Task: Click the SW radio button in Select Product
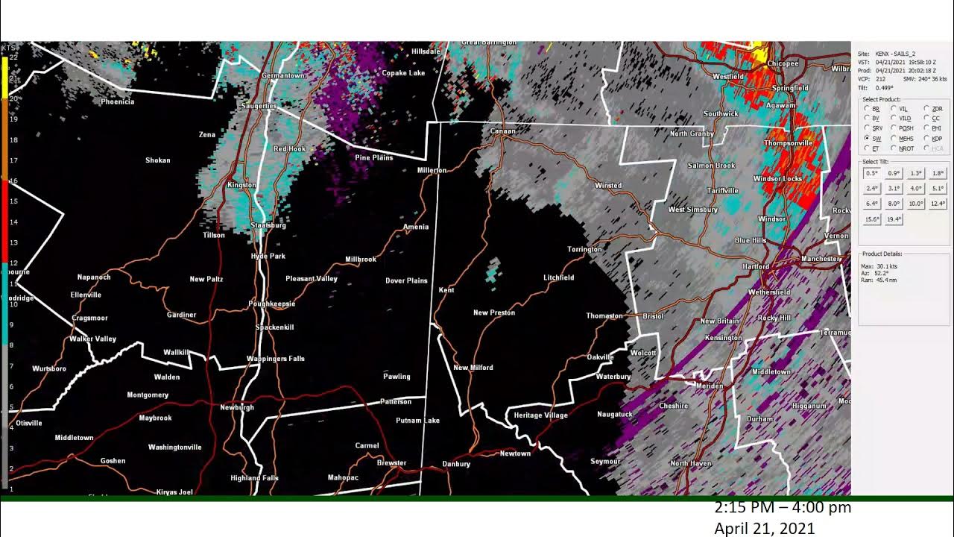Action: (x=867, y=139)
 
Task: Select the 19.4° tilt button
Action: (x=894, y=219)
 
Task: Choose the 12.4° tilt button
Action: (x=938, y=204)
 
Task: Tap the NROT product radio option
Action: (x=894, y=148)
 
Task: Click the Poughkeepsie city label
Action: (x=272, y=304)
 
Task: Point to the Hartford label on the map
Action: (x=756, y=267)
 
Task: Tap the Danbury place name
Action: (x=456, y=464)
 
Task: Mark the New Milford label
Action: (x=473, y=368)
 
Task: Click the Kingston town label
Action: (x=241, y=185)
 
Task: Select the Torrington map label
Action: (x=584, y=249)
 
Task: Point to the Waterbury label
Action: (x=613, y=377)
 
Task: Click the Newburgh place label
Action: (x=237, y=407)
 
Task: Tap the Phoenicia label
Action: (x=118, y=101)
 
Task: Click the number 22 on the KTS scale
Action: (x=13, y=57)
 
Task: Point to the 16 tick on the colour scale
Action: (x=13, y=181)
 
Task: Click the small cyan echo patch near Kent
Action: (x=491, y=271)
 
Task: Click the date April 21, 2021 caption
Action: (x=765, y=529)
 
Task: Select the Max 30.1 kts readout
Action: (x=879, y=266)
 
